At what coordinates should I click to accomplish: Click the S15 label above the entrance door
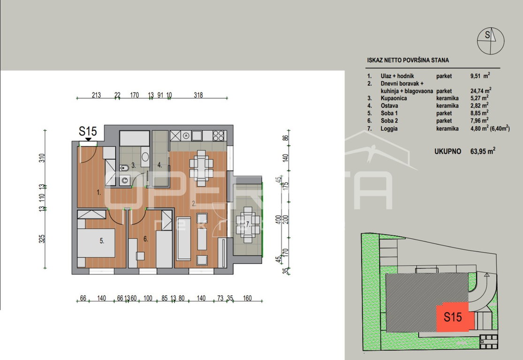(88, 131)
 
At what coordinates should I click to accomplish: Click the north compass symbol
(490, 41)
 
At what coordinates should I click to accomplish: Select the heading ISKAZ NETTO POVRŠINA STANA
(408, 60)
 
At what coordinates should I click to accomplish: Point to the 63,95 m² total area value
(483, 151)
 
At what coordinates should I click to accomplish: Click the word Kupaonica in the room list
(394, 98)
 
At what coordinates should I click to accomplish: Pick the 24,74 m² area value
(481, 90)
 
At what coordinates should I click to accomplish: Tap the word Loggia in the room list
(389, 128)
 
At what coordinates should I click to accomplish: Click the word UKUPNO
(447, 151)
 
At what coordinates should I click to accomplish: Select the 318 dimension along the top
(198, 95)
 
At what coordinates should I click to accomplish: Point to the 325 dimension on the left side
(42, 239)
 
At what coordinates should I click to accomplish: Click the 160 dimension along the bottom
(247, 298)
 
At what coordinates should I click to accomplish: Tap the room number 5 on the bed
(102, 240)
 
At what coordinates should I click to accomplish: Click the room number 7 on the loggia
(248, 225)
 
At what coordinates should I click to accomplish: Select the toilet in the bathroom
(124, 167)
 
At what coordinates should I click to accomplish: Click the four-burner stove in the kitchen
(219, 135)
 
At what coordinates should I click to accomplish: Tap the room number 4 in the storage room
(160, 165)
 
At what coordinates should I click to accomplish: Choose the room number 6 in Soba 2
(145, 239)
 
